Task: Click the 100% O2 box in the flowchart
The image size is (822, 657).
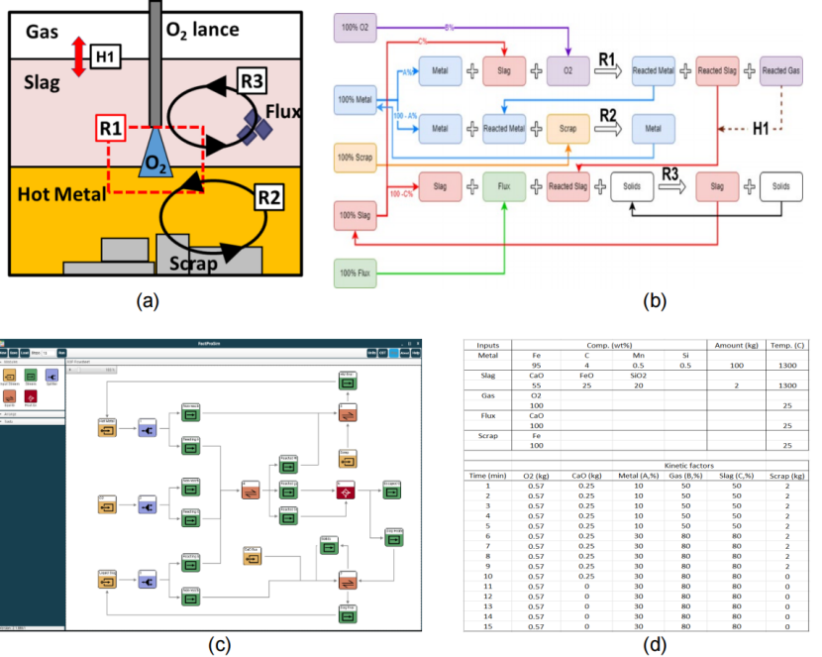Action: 354,28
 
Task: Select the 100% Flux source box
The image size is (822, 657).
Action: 355,273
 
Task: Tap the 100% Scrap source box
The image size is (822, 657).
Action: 355,156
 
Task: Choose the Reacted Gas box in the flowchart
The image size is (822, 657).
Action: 780,70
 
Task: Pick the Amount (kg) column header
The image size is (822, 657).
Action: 735,344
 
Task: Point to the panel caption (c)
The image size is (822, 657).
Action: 217,645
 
